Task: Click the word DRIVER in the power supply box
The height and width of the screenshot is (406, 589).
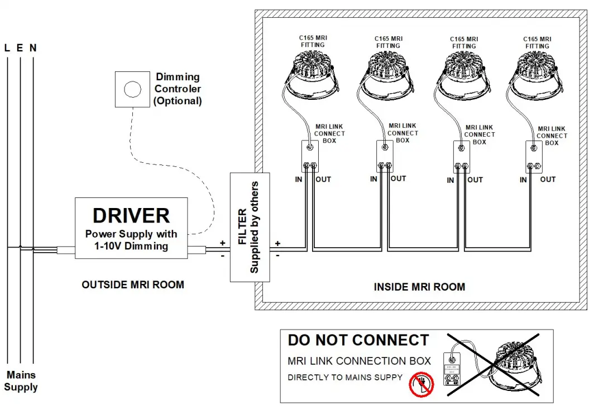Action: [x=131, y=215]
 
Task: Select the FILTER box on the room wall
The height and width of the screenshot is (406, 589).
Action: [x=250, y=227]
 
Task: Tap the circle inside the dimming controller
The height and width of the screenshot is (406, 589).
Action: [x=132, y=89]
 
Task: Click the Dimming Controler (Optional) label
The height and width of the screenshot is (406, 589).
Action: [x=178, y=89]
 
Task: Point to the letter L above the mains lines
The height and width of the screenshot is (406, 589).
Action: [x=7, y=48]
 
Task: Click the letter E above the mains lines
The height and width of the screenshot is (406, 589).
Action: [x=20, y=48]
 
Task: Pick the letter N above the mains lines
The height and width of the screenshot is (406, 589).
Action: [x=33, y=48]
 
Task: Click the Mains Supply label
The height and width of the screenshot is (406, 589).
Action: [x=21, y=381]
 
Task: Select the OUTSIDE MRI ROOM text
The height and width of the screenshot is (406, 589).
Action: [x=133, y=284]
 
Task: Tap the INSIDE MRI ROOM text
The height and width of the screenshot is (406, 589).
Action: [x=419, y=287]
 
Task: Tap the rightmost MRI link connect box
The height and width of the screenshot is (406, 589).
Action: [x=534, y=156]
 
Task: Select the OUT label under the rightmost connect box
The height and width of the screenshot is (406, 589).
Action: [x=548, y=179]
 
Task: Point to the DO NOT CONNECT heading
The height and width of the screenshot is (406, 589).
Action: [x=358, y=340]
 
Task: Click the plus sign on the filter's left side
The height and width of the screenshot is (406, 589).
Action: [x=222, y=243]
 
